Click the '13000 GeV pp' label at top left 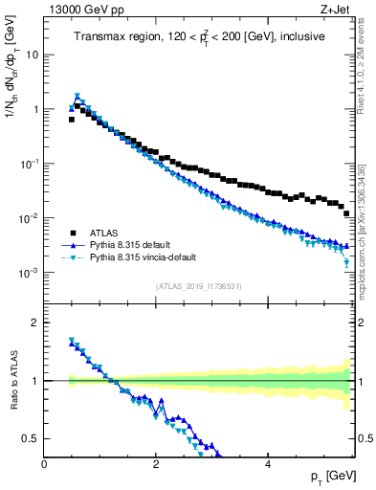pyautogui.click(x=79, y=10)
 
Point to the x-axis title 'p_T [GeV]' pyautogui.click(x=330, y=476)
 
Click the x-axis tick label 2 pyautogui.click(x=156, y=463)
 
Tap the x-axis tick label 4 pyautogui.click(x=268, y=463)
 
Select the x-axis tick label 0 pyautogui.click(x=45, y=463)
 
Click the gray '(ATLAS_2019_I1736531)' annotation pyautogui.click(x=198, y=286)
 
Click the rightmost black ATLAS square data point pyautogui.click(x=346, y=213)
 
